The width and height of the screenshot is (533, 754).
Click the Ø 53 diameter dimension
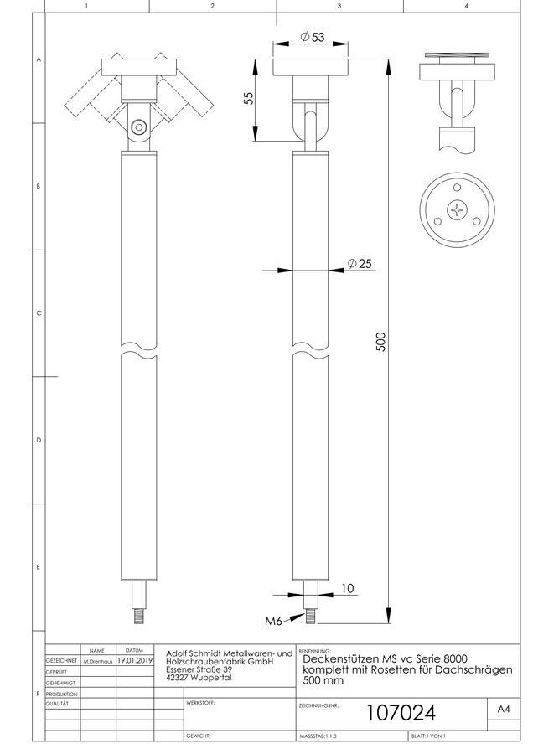313,37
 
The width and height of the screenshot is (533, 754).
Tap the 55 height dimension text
248,99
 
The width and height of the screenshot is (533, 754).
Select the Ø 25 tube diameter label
360,263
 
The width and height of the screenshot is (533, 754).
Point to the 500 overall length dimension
380,342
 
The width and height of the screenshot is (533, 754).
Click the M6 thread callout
273,621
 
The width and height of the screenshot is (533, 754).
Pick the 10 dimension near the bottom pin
347,588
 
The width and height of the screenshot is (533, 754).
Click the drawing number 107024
401,713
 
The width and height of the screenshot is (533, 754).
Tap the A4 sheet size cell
503,709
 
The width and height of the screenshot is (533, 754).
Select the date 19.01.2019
135,661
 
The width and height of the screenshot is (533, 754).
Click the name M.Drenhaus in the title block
98,662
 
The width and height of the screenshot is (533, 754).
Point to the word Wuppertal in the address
211,678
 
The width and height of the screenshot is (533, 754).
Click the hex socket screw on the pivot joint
138,127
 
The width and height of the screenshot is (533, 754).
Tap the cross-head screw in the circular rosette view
457,209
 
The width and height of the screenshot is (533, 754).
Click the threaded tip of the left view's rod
138,616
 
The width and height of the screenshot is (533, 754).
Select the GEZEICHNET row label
61,661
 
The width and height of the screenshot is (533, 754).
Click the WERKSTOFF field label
200,703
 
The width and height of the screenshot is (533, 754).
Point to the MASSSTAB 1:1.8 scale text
318,736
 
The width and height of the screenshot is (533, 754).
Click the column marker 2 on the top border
213,6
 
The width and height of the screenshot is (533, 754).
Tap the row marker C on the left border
39,313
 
